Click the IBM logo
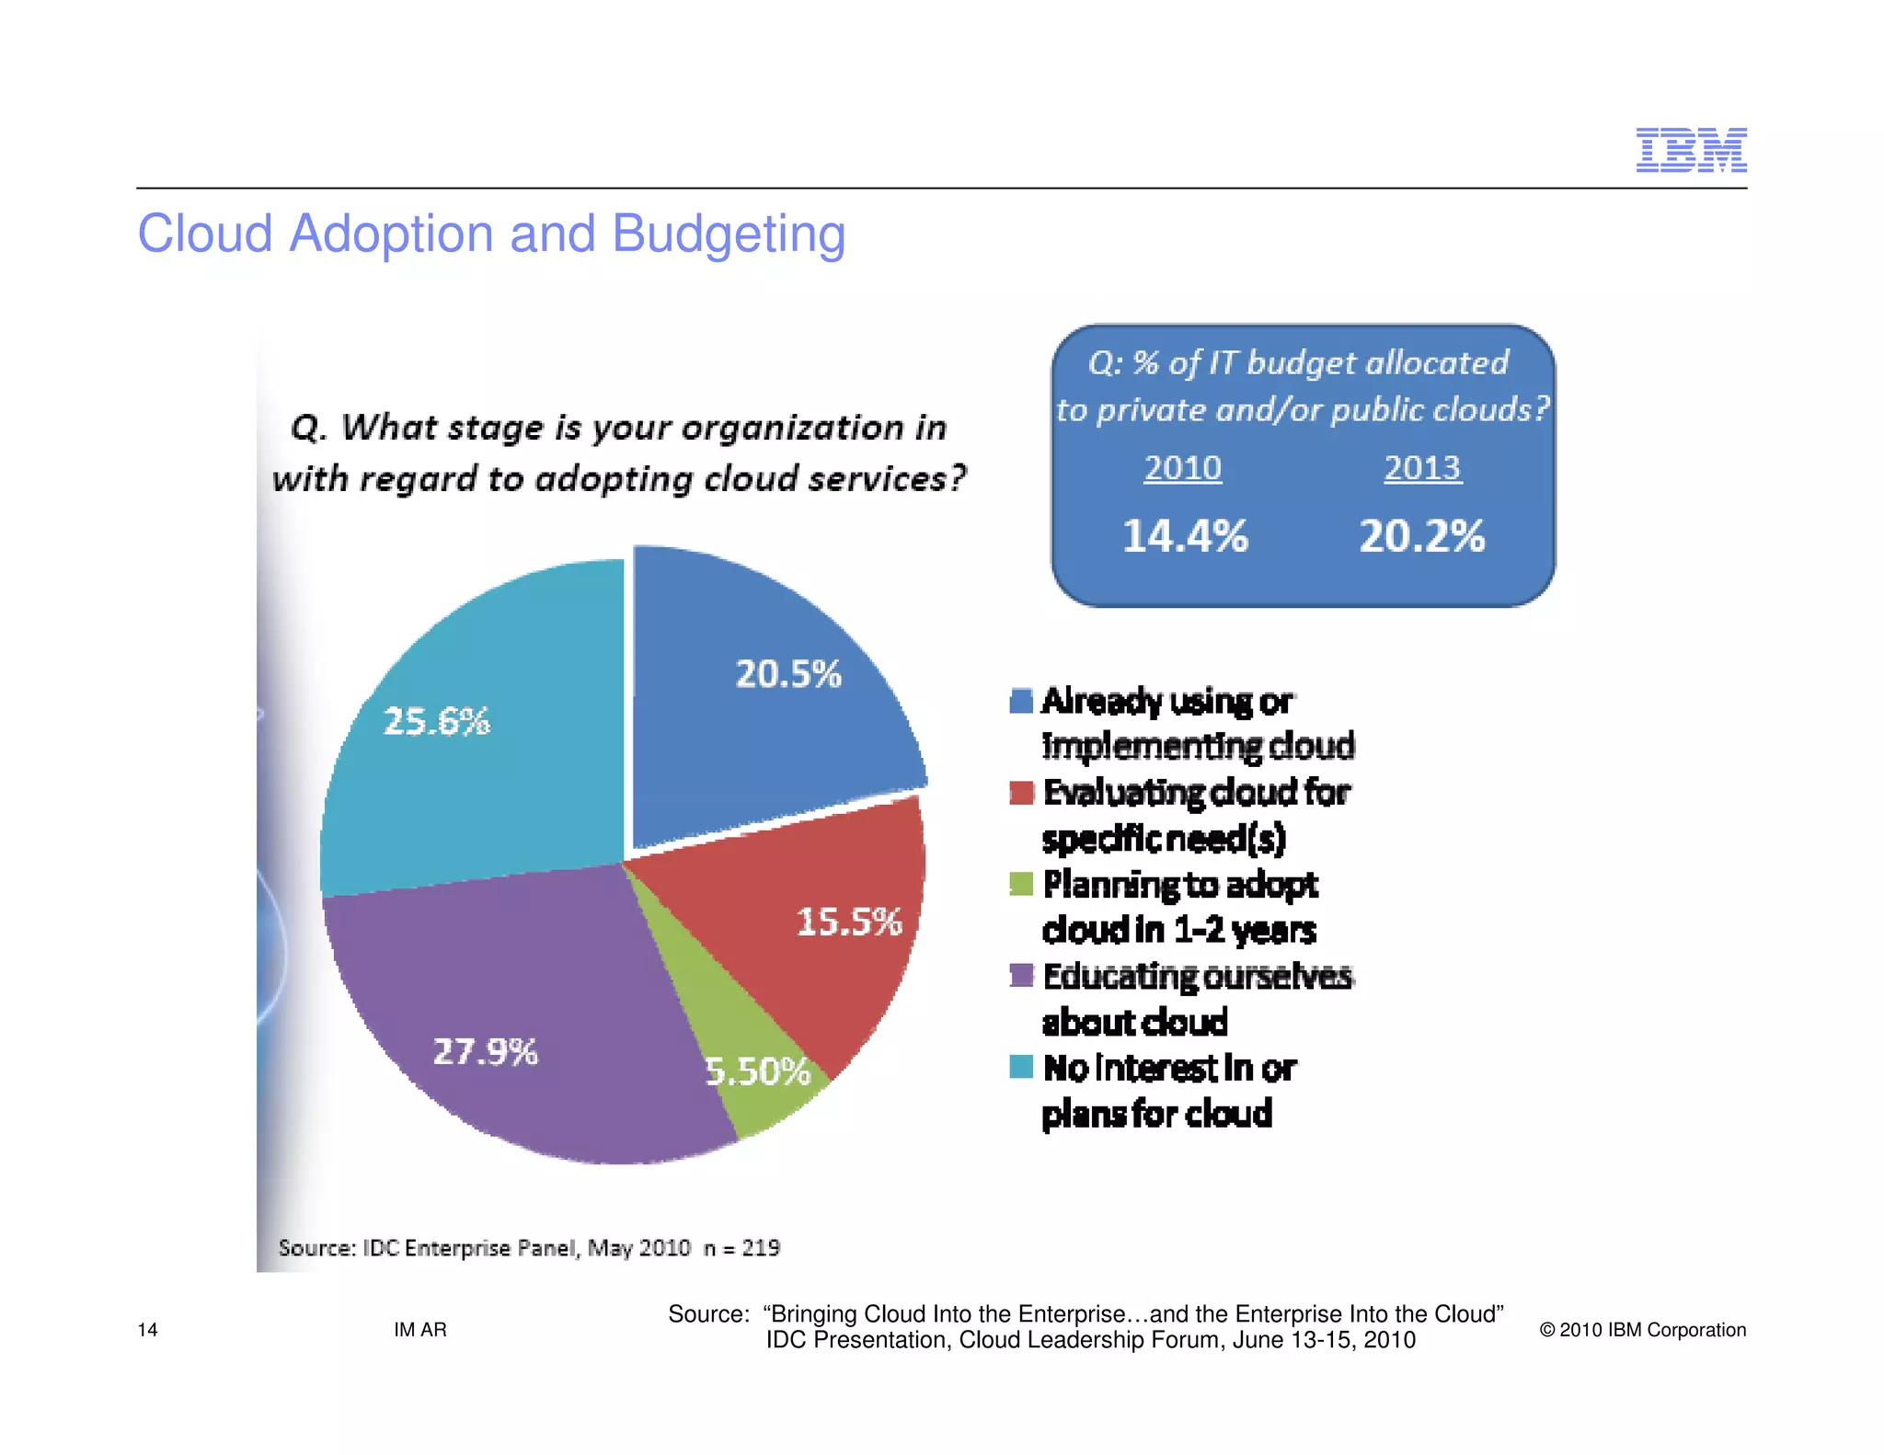coord(1691,150)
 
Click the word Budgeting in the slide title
coord(728,235)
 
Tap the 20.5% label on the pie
coord(787,674)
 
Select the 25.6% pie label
coord(436,721)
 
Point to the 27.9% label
coord(485,1051)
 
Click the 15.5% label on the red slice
coord(848,922)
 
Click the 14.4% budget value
coord(1185,536)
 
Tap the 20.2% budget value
coord(1421,536)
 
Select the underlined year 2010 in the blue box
coord(1182,468)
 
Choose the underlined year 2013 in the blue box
coord(1422,468)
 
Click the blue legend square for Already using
coord(1021,701)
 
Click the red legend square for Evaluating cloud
coord(1021,792)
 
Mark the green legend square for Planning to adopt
coord(1021,884)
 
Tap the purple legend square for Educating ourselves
coord(1021,975)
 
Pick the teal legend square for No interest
coord(1021,1067)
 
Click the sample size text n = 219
coord(741,1248)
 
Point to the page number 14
coord(147,1330)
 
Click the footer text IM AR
coord(419,1330)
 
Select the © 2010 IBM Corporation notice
coord(1642,1330)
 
